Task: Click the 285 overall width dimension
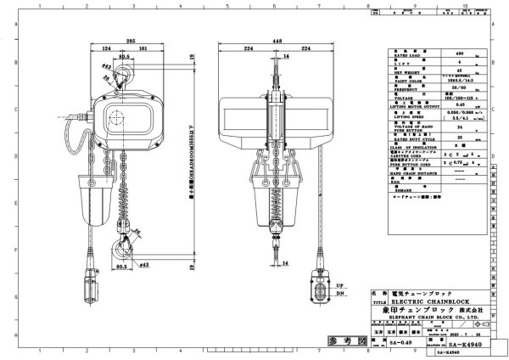pyautogui.click(x=130, y=40)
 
